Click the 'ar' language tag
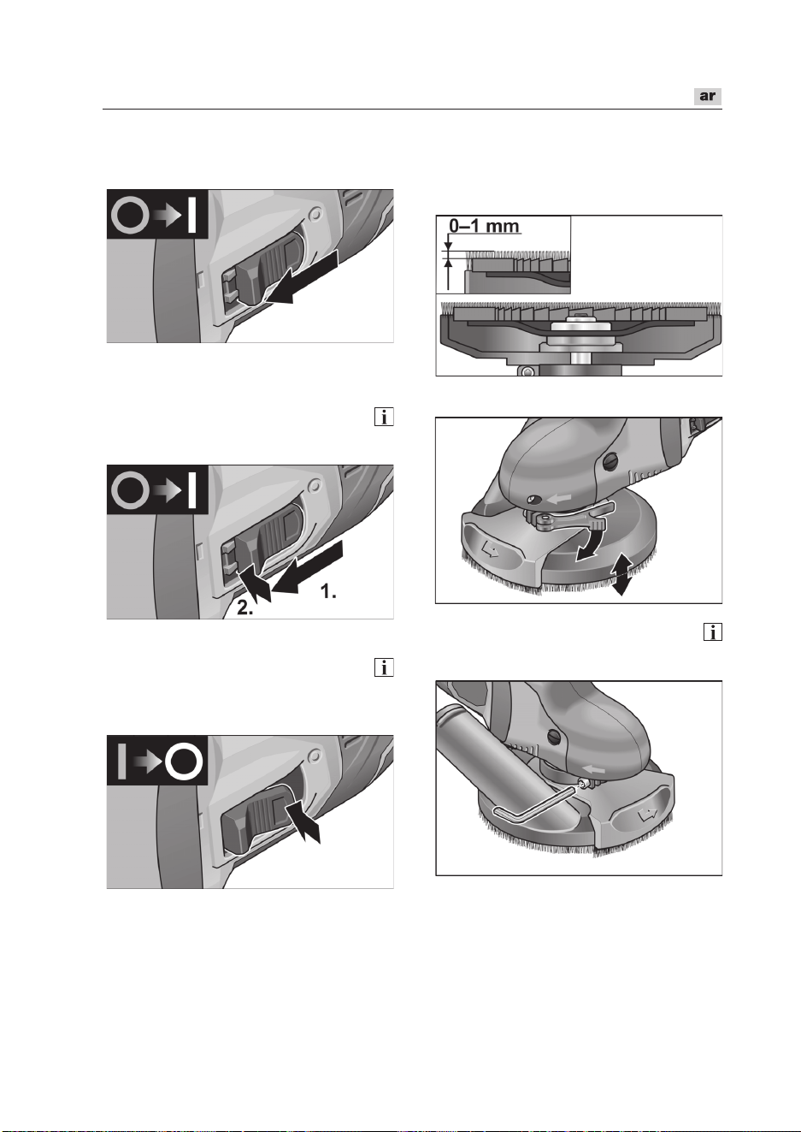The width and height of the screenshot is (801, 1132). (707, 96)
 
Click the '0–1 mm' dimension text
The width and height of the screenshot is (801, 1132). (484, 225)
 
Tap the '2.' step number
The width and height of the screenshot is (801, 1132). (245, 608)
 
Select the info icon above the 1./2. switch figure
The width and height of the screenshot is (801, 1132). (384, 417)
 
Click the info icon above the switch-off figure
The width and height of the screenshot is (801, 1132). (384, 667)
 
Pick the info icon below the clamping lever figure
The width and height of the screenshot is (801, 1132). (713, 631)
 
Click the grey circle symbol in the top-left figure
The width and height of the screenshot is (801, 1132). (130, 214)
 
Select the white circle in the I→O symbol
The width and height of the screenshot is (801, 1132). (185, 761)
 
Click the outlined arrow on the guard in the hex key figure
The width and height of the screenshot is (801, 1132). (646, 813)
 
